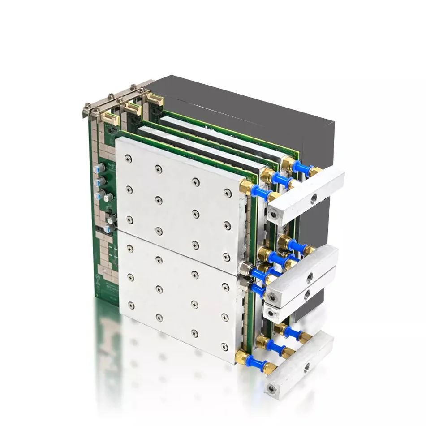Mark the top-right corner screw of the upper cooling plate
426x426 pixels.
point(228,192)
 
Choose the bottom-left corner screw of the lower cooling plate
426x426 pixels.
point(131,305)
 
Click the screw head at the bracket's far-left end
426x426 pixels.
point(86,106)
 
